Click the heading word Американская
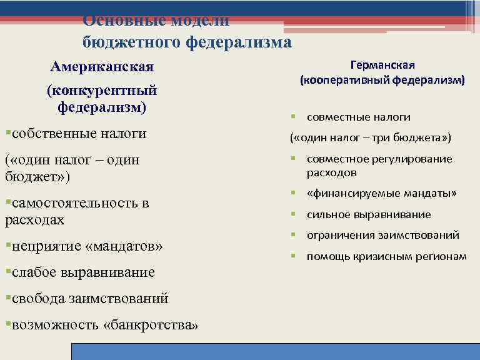[102, 66]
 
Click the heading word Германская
[382, 65]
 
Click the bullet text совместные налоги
[358, 117]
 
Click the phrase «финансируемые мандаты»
[381, 194]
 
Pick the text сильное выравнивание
[368, 214]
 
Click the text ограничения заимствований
[382, 236]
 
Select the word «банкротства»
[154, 326]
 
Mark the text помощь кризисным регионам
[386, 257]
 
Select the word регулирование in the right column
[411, 159]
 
